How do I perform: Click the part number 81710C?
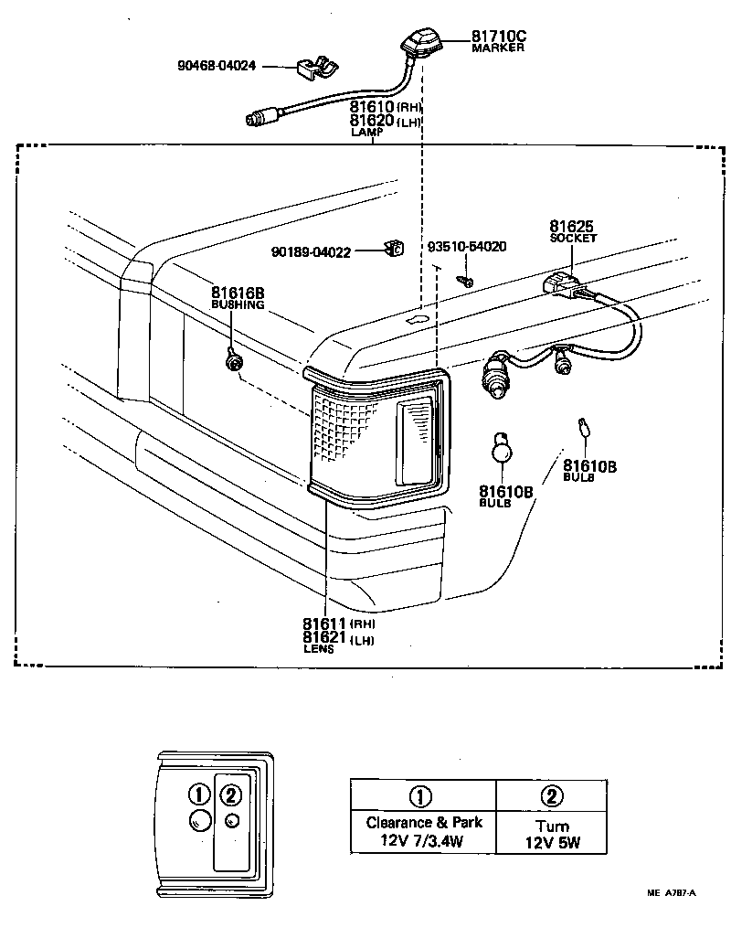click(499, 37)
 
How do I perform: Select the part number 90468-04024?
click(217, 66)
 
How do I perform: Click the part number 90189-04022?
click(311, 252)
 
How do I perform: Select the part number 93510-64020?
click(467, 247)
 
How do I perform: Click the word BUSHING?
click(238, 304)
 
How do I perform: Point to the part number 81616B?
click(238, 293)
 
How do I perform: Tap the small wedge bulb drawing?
click(583, 427)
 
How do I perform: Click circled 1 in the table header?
click(423, 795)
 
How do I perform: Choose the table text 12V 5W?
click(552, 843)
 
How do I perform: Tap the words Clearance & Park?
click(424, 823)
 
